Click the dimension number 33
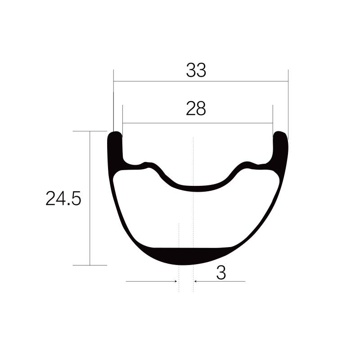(x=196, y=70)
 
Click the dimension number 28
(x=196, y=108)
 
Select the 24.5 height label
(x=63, y=198)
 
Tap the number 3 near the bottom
(x=221, y=273)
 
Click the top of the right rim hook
(x=280, y=134)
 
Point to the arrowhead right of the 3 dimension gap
(x=196, y=281)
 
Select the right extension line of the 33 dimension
(x=288, y=103)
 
